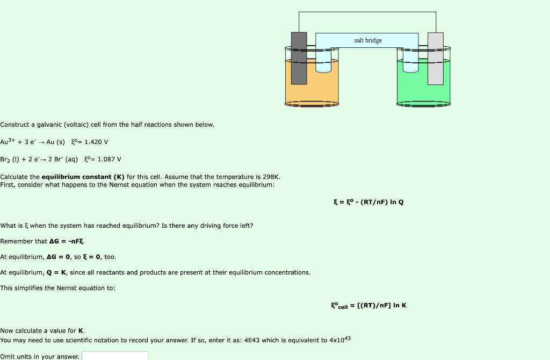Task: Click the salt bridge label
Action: click(x=368, y=40)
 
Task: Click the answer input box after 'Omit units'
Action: click(x=115, y=356)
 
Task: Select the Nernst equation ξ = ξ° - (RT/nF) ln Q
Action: click(x=368, y=202)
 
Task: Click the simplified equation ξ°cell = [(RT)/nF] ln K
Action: click(x=368, y=306)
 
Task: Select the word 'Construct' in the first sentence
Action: click(x=15, y=125)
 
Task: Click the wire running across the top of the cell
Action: click(x=367, y=12)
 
